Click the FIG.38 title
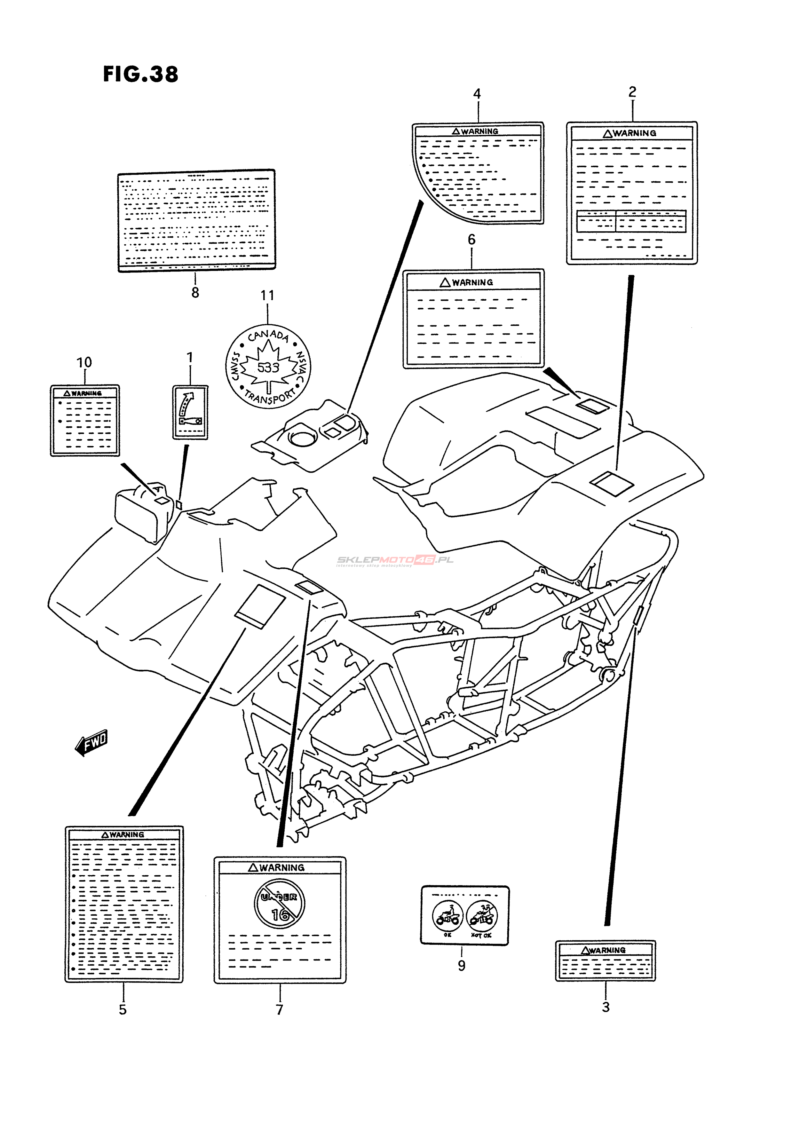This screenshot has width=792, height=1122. click(x=141, y=74)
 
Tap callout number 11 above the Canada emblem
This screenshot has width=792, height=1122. click(x=267, y=296)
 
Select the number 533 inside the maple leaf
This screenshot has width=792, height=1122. click(x=268, y=367)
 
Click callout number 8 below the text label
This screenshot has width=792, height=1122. click(x=195, y=293)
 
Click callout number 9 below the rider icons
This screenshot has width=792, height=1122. click(x=462, y=966)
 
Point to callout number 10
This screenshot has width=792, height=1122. click(x=84, y=363)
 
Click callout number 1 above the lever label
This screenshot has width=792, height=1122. click(x=190, y=358)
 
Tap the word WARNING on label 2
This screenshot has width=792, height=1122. click(x=634, y=133)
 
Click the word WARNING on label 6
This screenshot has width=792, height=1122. click(x=472, y=282)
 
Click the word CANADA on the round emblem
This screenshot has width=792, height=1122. click(x=268, y=335)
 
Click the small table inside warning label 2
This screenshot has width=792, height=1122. click(x=631, y=221)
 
